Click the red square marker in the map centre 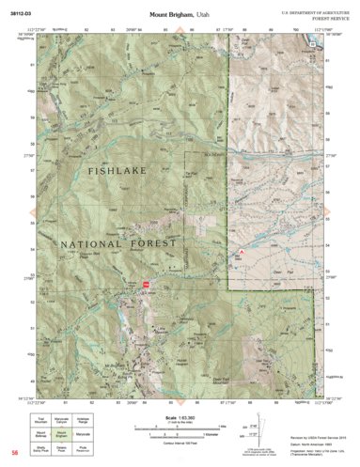tap(146, 284)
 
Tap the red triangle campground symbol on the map tap(242, 253)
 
